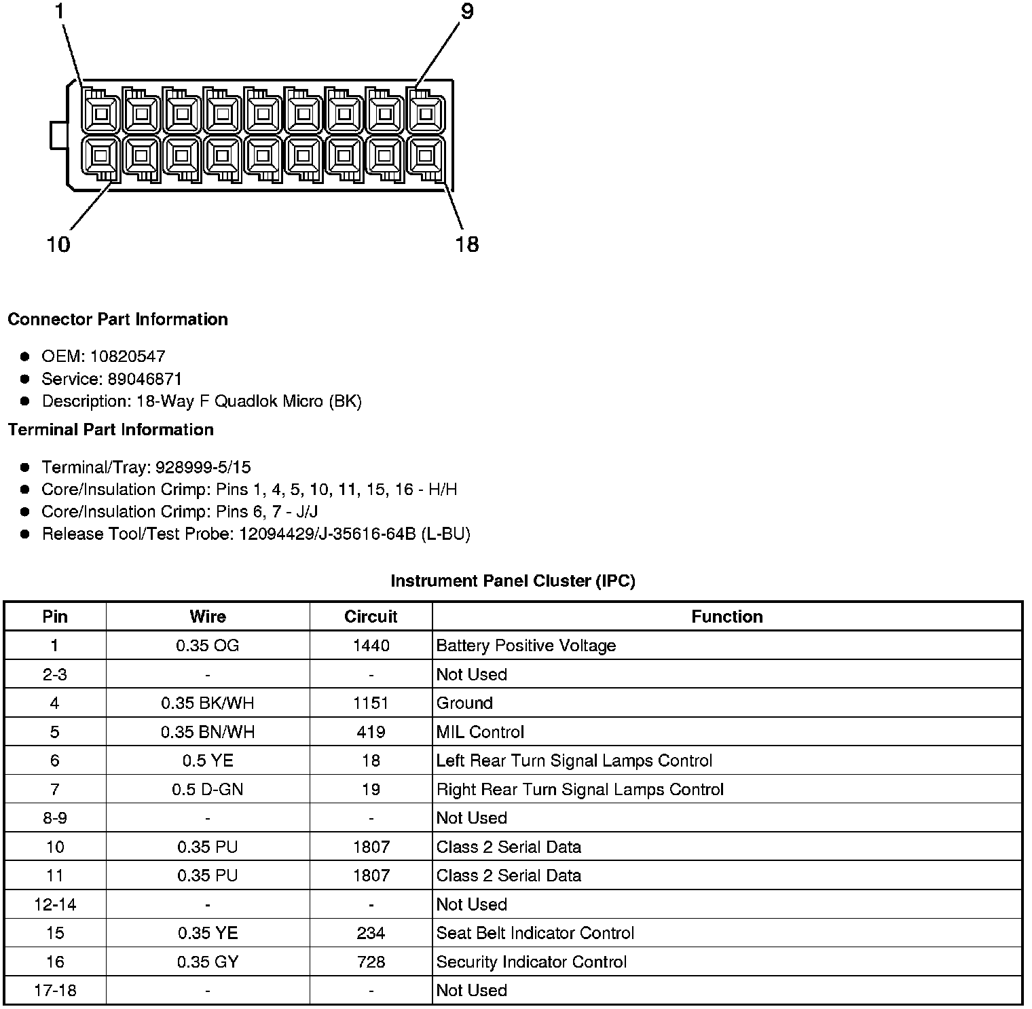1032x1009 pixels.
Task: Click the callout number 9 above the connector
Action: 467,12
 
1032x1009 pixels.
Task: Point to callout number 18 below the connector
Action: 467,244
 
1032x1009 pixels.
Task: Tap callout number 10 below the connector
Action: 58,244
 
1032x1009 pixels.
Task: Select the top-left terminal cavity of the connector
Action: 101,113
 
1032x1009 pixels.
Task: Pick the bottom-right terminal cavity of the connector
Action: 426,156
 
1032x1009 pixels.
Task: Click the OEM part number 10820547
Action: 128,356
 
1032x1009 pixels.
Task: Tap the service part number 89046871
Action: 145,379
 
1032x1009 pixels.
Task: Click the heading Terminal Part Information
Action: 111,430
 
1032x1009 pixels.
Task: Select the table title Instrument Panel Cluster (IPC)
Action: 513,581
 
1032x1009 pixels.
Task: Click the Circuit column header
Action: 371,617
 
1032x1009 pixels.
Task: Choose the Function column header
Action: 726,617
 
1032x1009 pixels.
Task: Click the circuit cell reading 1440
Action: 371,646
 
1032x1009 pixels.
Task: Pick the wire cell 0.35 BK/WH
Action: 207,703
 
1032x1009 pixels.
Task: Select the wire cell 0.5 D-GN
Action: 207,790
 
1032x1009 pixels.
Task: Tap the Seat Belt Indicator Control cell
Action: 535,933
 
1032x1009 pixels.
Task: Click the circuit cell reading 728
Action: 371,962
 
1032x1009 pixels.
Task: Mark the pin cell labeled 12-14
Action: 55,904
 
